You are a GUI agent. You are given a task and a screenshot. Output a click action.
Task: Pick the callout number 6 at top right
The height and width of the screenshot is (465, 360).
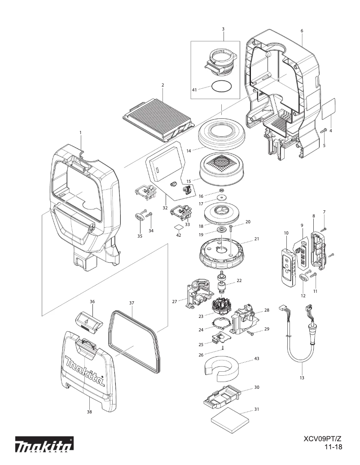[302, 30]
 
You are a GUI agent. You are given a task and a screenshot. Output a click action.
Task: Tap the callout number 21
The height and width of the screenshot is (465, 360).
[257, 239]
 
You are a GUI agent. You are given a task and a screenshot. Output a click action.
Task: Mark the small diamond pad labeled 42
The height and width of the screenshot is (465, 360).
[178, 227]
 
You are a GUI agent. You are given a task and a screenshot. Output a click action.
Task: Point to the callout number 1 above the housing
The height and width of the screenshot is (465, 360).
[80, 132]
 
